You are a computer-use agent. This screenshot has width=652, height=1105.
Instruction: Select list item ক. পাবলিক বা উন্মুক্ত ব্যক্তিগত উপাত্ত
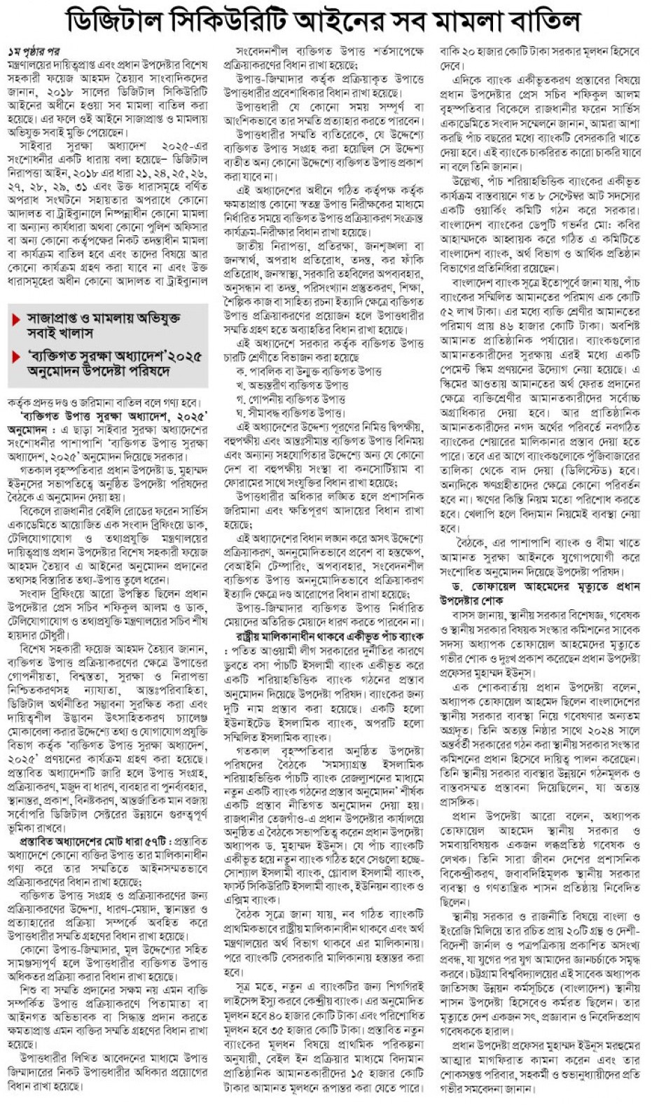coord(309,371)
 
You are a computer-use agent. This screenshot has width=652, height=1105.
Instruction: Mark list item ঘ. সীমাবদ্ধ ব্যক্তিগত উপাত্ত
coord(291,413)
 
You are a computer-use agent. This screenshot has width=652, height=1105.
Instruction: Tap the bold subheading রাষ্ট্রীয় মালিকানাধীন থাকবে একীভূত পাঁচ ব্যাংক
coord(328,637)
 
